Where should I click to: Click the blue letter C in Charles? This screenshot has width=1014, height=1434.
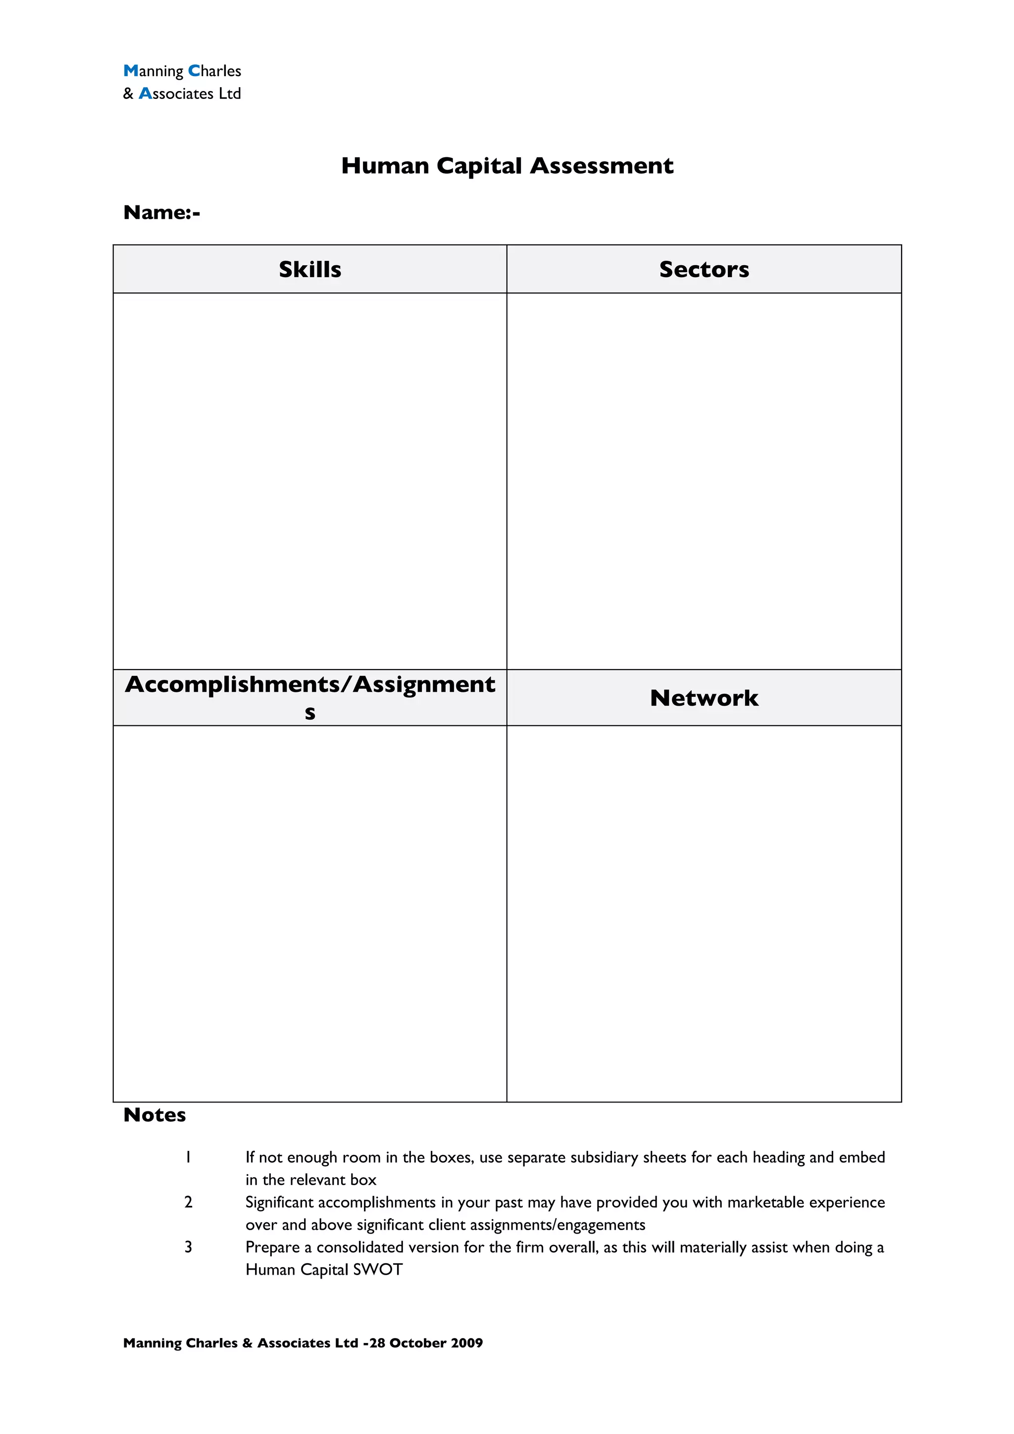[x=194, y=71]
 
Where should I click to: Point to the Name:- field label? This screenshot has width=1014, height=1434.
[x=162, y=212]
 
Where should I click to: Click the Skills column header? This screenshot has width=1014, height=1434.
[x=310, y=269]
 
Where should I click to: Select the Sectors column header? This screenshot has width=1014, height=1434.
[x=704, y=269]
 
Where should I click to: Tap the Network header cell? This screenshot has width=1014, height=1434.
[x=704, y=698]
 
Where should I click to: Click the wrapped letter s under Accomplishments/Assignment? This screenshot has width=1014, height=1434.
[x=310, y=713]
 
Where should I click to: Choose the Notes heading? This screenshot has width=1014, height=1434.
[x=154, y=1115]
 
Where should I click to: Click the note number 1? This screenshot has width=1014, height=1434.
[x=188, y=1157]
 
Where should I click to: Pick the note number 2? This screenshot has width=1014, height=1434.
[x=188, y=1202]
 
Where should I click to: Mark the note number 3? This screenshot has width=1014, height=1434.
[x=188, y=1247]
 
